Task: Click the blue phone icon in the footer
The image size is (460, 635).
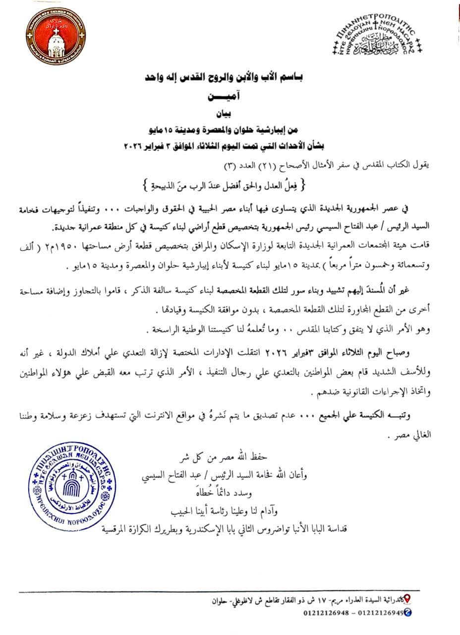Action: coord(407,613)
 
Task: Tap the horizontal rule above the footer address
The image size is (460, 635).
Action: coord(218,591)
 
